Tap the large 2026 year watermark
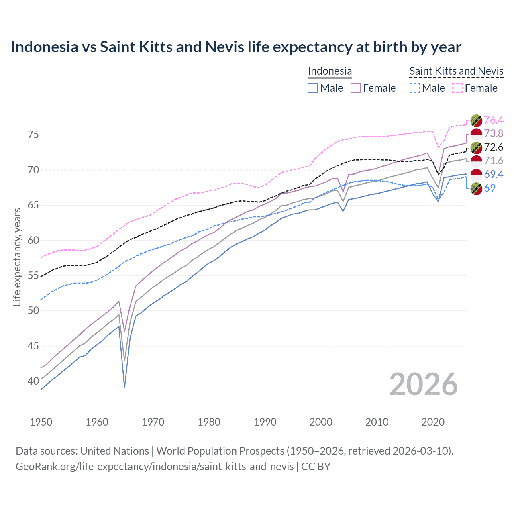click(x=424, y=385)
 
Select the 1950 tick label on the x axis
click(x=41, y=422)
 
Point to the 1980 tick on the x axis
click(x=209, y=422)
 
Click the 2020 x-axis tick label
click(x=433, y=422)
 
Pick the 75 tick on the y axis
click(x=33, y=135)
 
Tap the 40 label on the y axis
click(x=33, y=381)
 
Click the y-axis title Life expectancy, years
click(x=17, y=257)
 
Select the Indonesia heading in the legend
click(x=330, y=71)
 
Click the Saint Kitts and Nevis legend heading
click(x=456, y=71)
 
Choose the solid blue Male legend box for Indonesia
click(x=313, y=88)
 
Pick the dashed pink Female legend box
click(x=457, y=88)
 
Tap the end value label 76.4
click(x=494, y=120)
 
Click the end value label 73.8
click(x=494, y=133)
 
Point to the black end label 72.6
click(x=494, y=147)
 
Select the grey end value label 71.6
click(x=494, y=161)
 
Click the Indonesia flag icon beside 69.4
click(x=476, y=174)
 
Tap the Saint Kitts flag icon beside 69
click(x=476, y=188)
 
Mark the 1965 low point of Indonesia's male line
click(x=124, y=387)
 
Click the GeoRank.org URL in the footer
click(x=155, y=467)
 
